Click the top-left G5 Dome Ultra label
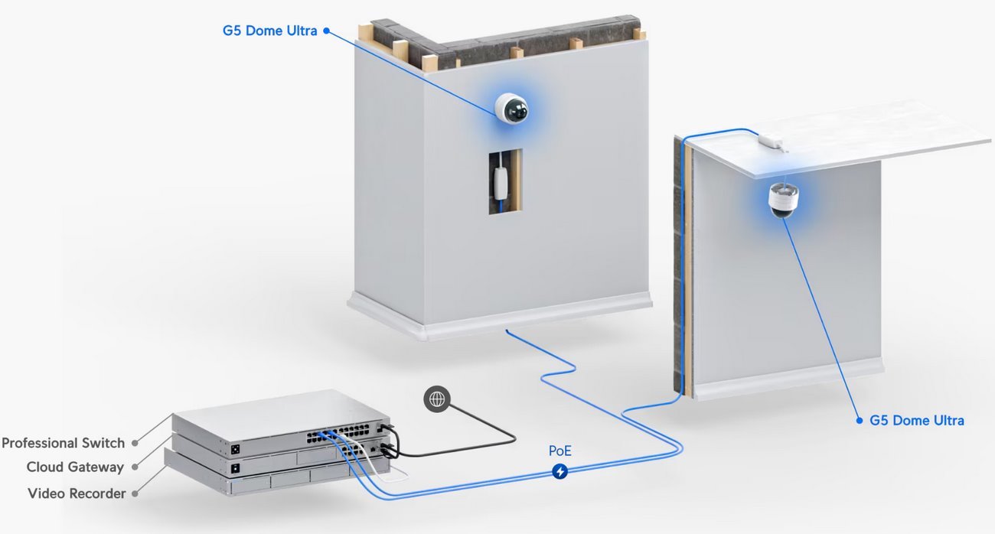269,31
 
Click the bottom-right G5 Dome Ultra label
917,420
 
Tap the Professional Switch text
63,443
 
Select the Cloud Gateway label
75,467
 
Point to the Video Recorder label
77,493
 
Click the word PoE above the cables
560,451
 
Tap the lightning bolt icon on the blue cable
560,472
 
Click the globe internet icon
437,399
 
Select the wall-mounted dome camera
511,109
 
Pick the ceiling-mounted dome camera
783,200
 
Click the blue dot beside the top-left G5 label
326,31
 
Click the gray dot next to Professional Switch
134,443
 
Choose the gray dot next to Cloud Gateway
134,467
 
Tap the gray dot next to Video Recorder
135,493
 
